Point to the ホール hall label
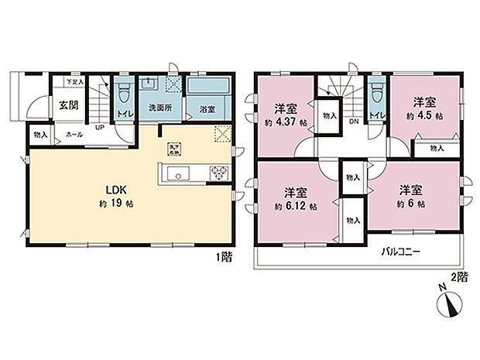click(74, 134)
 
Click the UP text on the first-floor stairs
click(101, 129)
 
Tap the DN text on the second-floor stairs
click(352, 122)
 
